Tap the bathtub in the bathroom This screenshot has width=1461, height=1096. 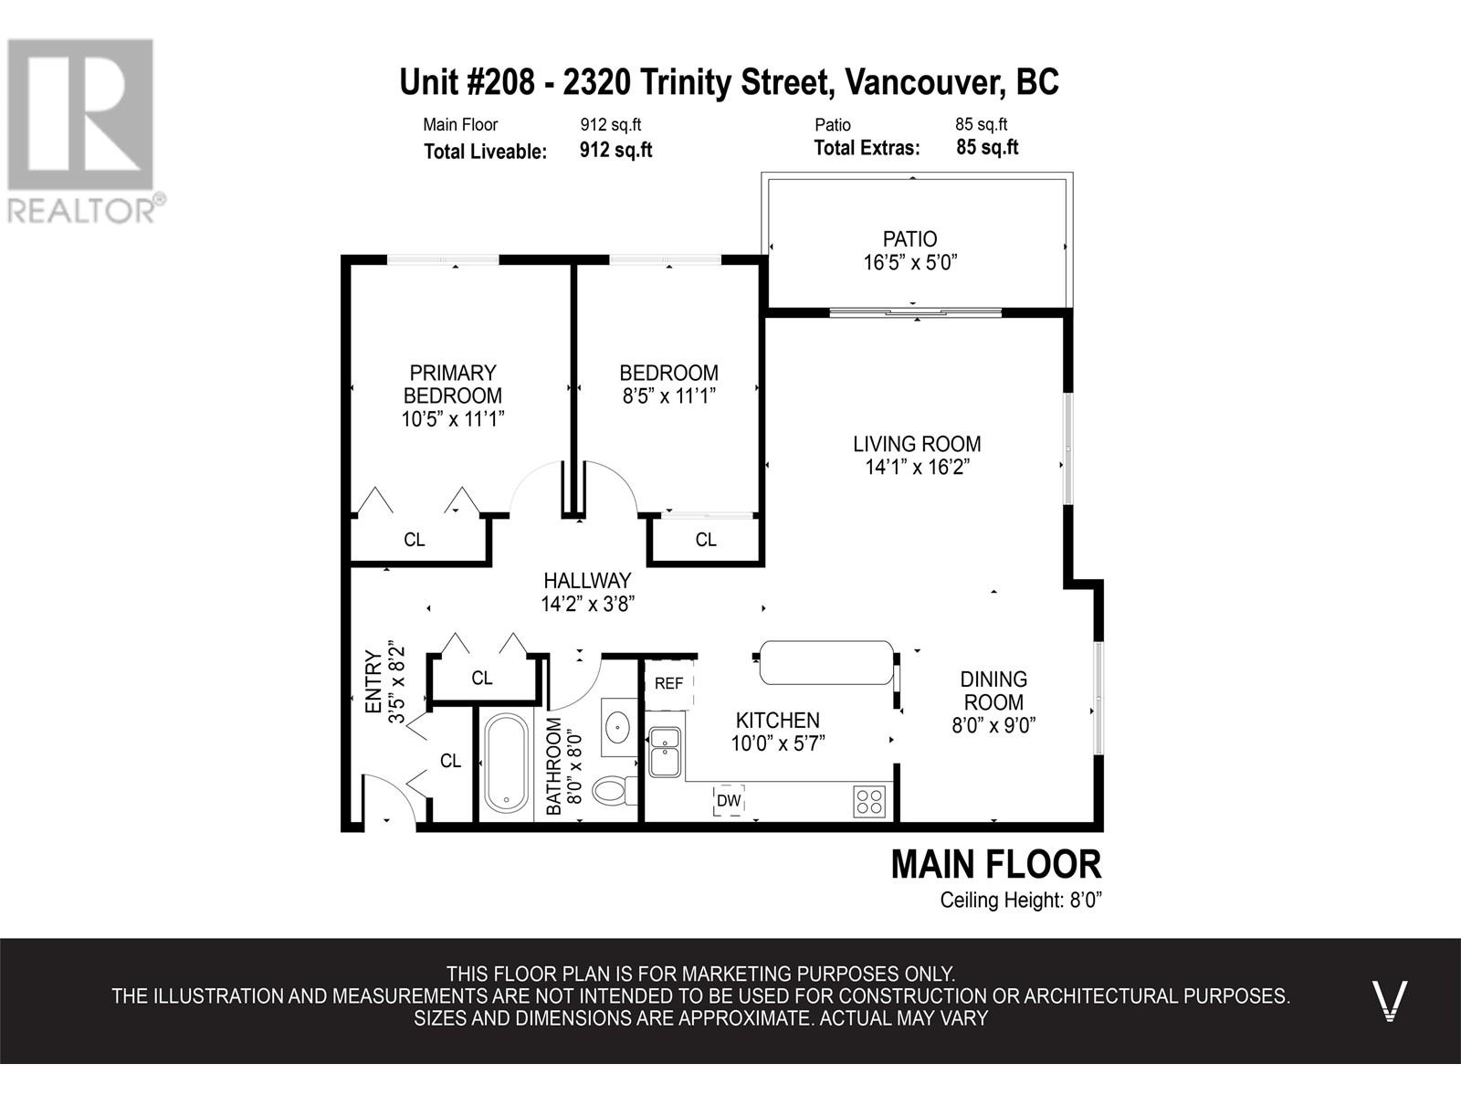coord(507,764)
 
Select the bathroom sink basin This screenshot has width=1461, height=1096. coord(617,727)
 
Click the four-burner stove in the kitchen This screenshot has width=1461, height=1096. coord(870,801)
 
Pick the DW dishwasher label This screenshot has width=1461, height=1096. coord(729,801)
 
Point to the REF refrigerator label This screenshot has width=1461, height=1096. coord(668,683)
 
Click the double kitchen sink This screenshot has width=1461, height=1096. coord(665,752)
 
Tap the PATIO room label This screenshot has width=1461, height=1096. coord(909,239)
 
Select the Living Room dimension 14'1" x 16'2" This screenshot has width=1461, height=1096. coord(917,467)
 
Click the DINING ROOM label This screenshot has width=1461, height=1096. coord(993,690)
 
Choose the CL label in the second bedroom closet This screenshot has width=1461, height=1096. coord(706,540)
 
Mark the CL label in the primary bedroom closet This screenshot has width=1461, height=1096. coord(414,540)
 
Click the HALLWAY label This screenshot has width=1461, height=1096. coord(587,581)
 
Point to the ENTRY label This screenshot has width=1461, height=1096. coord(374,682)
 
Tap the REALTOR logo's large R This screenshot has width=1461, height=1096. coord(79,114)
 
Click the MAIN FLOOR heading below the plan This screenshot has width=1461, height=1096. coord(996,864)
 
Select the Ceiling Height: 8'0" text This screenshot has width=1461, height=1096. coord(1021,901)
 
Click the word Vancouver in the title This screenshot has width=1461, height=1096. coord(924,82)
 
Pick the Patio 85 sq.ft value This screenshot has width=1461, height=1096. coord(981,124)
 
